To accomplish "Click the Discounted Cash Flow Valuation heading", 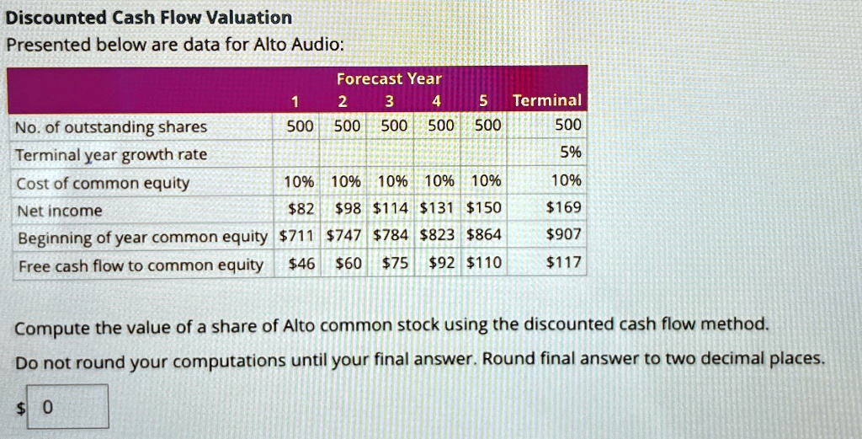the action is (149, 18).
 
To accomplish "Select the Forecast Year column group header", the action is (389, 78).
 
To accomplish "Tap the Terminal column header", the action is (546, 100).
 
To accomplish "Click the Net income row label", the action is (60, 211).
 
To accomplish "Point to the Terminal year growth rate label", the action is (112, 155).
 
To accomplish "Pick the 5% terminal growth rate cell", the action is (571, 153).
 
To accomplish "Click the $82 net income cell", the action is (301, 208).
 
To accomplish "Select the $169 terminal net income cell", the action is (563, 207).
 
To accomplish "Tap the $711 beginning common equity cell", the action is (297, 235).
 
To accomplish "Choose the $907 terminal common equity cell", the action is (563, 235).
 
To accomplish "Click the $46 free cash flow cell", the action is (302, 264).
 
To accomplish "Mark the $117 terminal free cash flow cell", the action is (563, 262).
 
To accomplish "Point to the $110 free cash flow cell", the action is (484, 264).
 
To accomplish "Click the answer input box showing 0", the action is (67, 406).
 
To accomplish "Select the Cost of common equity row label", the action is (103, 183).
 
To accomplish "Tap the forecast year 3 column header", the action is (389, 102).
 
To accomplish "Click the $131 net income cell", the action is (437, 208).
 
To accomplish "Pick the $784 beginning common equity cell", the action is (391, 235).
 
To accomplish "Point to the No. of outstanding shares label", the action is (111, 127).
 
